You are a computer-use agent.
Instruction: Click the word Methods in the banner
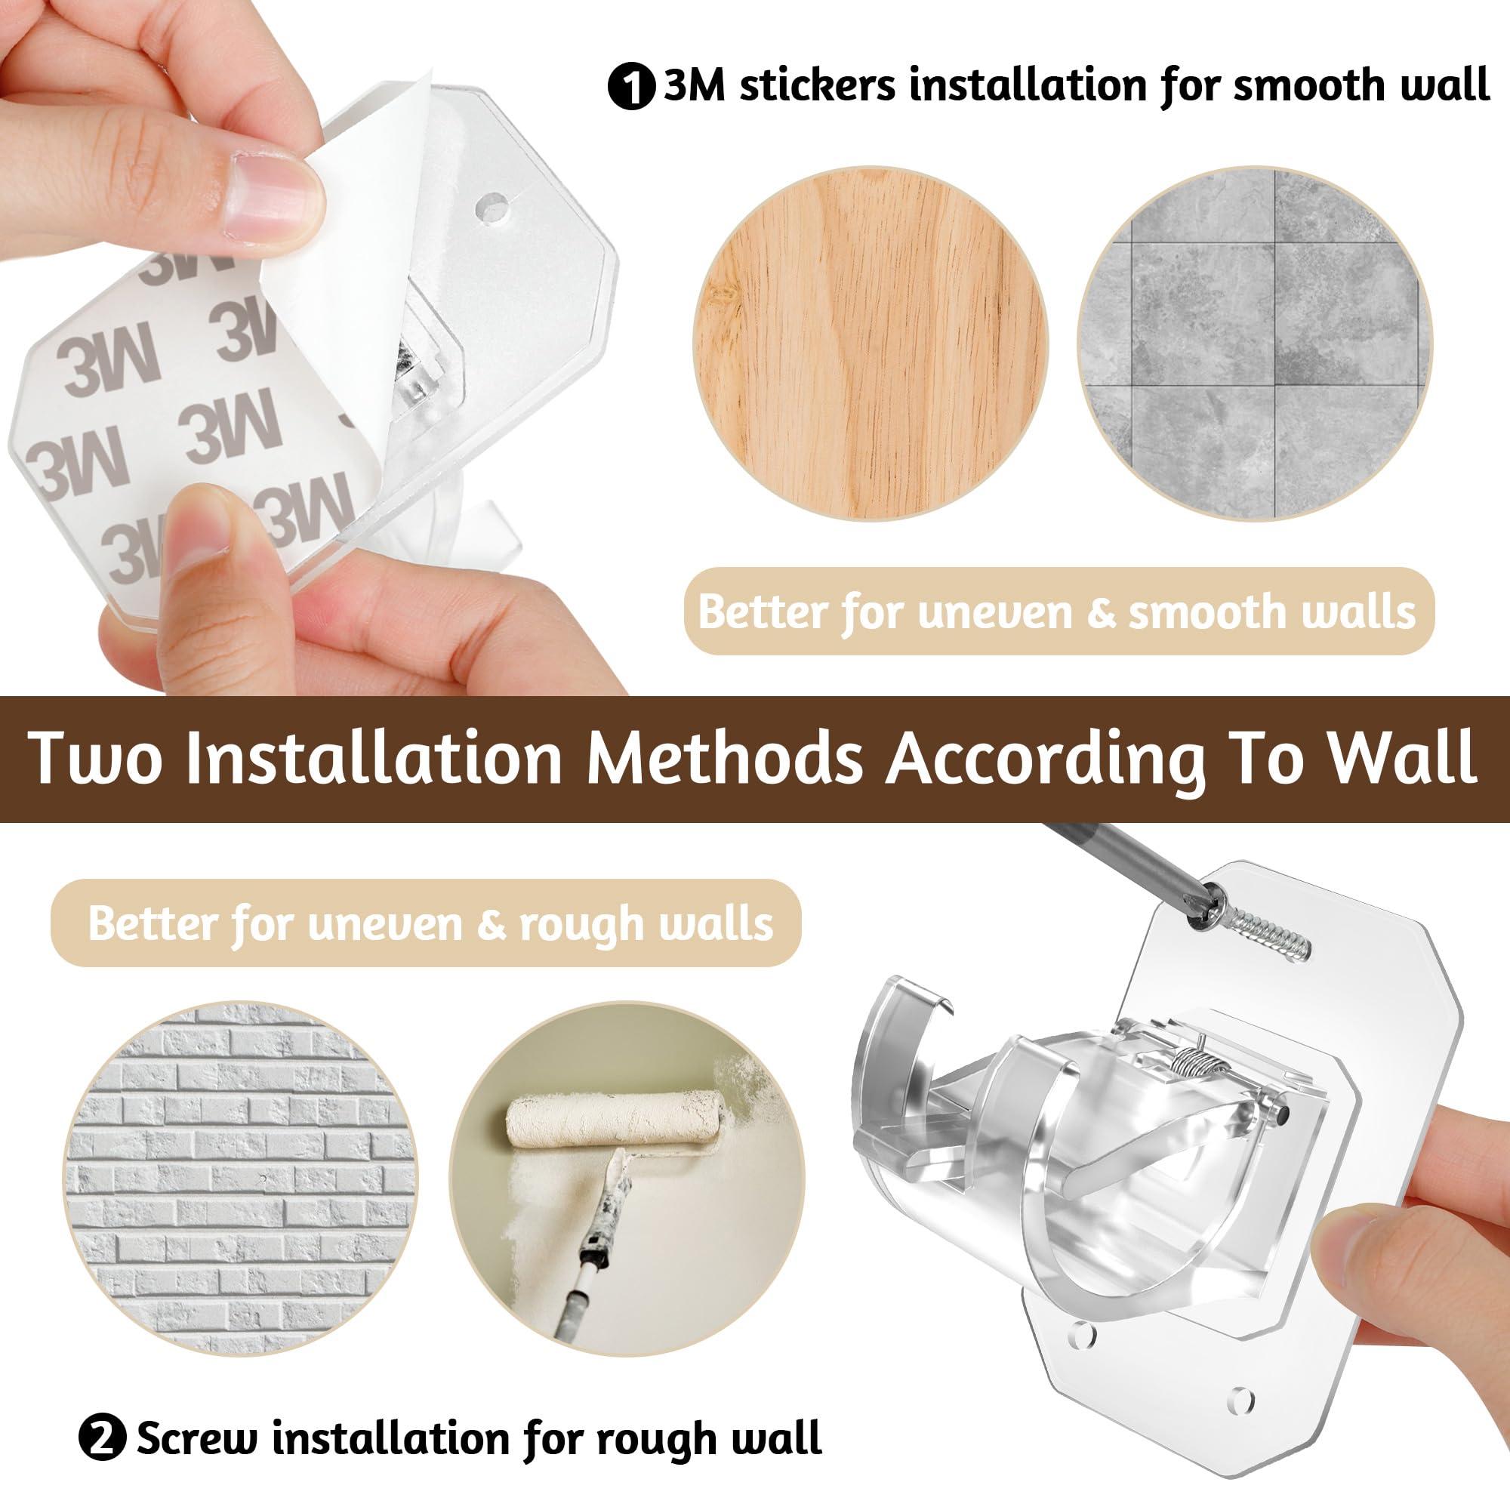point(727,757)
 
